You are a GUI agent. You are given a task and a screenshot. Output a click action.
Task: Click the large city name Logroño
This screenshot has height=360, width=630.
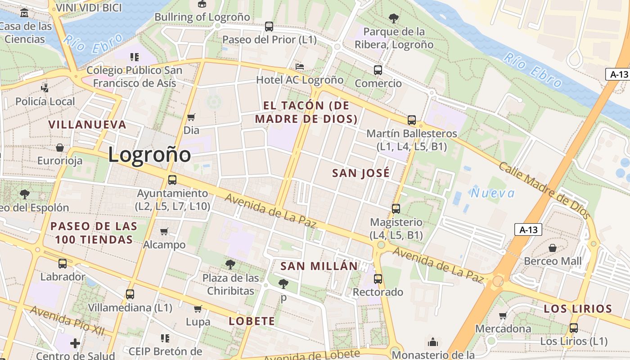coord(149,155)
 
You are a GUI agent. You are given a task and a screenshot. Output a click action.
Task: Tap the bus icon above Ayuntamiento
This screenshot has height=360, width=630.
coord(172,180)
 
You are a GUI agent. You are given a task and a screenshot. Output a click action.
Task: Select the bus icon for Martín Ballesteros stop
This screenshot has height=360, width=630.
coord(412,120)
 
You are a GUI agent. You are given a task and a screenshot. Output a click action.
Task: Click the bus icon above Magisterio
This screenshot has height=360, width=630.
coord(396,209)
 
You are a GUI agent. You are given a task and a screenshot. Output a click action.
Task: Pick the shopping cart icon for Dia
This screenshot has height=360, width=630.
coord(191,117)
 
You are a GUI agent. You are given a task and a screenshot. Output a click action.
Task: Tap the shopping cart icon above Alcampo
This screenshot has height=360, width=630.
coord(164,231)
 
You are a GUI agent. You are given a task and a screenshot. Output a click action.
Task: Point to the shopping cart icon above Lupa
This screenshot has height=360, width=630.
coord(198,309)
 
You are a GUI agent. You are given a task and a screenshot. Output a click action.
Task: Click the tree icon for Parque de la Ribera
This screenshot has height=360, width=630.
coord(394,18)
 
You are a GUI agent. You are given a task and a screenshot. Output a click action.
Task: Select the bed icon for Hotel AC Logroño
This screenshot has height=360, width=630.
coord(300,67)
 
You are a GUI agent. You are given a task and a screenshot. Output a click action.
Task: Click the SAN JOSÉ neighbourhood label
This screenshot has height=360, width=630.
coord(361,173)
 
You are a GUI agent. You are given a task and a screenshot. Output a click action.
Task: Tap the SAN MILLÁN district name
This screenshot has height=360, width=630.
coord(319,266)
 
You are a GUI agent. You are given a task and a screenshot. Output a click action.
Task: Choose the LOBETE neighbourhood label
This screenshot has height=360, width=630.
coord(252,321)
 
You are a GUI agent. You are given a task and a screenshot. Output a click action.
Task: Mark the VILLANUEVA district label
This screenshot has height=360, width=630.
coord(87,125)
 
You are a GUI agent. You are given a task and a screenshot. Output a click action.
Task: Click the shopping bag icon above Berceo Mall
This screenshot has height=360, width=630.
coord(553,248)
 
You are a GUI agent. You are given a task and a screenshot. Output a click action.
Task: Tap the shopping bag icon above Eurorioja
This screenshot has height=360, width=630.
coord(60,148)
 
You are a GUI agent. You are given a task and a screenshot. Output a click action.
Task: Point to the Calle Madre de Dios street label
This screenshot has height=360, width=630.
coord(544,190)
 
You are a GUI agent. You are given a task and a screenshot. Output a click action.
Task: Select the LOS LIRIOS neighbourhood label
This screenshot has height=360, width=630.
coord(578,309)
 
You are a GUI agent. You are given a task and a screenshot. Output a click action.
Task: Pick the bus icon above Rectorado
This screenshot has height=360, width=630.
coord(378,279)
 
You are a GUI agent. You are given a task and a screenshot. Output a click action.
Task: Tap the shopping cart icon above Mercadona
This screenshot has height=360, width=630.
coord(503,315)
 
